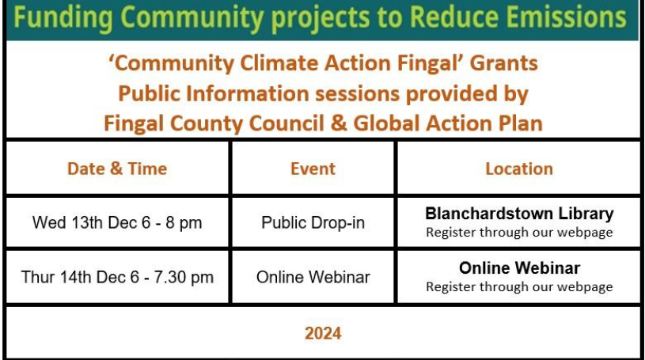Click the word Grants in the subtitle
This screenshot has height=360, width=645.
504,63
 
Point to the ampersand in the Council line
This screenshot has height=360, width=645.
339,123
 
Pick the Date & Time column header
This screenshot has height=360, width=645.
117,169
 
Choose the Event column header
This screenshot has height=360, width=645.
313,169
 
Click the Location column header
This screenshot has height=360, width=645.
519,169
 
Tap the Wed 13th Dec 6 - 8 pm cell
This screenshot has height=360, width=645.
117,222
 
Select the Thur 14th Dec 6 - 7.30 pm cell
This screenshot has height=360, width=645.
117,277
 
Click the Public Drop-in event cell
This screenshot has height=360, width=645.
313,222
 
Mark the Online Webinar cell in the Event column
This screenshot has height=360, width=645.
313,277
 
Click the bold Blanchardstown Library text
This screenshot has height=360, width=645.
519,214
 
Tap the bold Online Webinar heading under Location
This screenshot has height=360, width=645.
519,268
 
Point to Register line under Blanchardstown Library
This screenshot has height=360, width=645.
519,233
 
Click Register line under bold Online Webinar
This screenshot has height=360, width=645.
519,287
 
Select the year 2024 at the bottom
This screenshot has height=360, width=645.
323,333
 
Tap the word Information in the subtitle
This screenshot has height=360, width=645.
247,93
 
